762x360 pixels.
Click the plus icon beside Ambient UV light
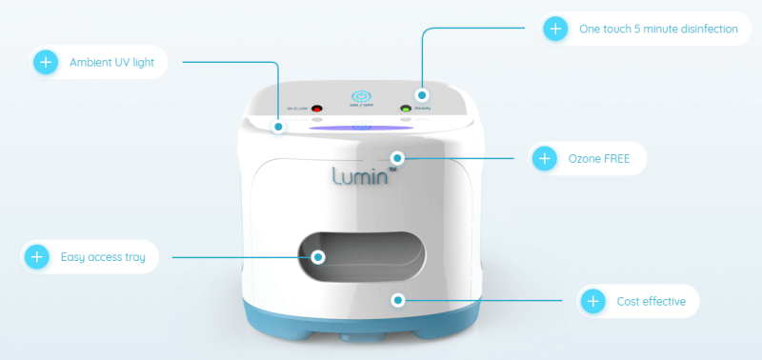pyautogui.click(x=45, y=64)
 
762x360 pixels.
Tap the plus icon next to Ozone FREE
pyautogui.click(x=544, y=158)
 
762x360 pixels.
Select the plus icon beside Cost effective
pyautogui.click(x=592, y=302)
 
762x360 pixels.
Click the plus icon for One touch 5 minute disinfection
pyautogui.click(x=555, y=29)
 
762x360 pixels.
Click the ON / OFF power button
pyautogui.click(x=360, y=97)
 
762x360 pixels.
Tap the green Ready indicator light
pyautogui.click(x=405, y=110)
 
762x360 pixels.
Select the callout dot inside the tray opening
pyautogui.click(x=318, y=256)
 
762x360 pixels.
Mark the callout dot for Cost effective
pyautogui.click(x=398, y=301)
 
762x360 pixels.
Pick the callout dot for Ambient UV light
pyautogui.click(x=279, y=126)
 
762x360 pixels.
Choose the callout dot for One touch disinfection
pyautogui.click(x=423, y=95)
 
